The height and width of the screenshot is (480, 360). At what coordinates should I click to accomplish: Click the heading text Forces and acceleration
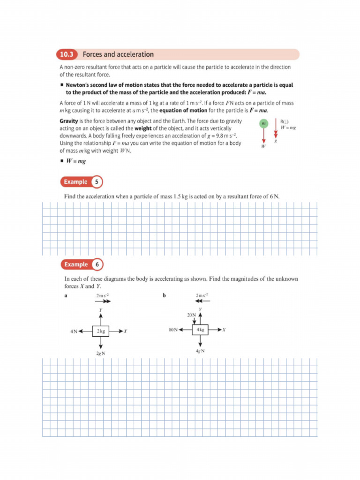click(x=118, y=54)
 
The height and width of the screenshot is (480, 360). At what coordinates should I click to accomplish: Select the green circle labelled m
click(x=263, y=123)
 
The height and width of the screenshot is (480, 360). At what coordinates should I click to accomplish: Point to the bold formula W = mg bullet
click(x=76, y=161)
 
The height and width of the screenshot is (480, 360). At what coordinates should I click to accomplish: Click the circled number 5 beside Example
click(x=97, y=182)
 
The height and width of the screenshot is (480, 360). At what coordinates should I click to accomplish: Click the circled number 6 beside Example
click(x=97, y=264)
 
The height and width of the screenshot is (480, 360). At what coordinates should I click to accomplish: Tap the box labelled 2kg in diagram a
click(x=101, y=331)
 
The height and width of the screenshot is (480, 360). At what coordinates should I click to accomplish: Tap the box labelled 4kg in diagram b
click(x=201, y=330)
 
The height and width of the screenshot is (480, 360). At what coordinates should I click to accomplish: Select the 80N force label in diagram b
click(x=172, y=330)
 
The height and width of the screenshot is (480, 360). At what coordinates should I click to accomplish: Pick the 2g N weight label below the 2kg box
click(x=100, y=353)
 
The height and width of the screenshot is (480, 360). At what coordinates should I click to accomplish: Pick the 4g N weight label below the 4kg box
click(x=200, y=351)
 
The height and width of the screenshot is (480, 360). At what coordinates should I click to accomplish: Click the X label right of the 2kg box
click(x=126, y=331)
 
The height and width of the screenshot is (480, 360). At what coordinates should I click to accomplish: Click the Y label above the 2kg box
click(x=101, y=310)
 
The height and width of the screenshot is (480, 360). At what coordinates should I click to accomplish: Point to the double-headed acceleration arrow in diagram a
click(x=103, y=302)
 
